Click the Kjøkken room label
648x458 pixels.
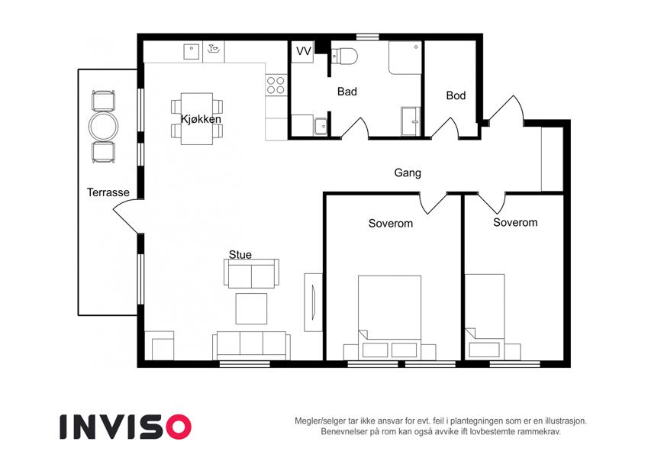(201, 119)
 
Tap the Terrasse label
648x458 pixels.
(108, 192)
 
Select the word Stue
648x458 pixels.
(240, 255)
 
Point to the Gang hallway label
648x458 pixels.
(408, 173)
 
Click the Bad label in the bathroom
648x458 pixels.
(347, 92)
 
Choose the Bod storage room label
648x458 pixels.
(456, 95)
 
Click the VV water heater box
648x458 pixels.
(303, 52)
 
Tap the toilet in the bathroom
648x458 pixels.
(344, 56)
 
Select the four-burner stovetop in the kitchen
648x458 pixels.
(276, 85)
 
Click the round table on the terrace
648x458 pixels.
(103, 126)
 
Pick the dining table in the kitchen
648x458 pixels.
(197, 118)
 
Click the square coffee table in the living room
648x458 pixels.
(251, 309)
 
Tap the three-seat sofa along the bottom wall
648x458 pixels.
(251, 345)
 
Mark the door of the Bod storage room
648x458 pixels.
(446, 127)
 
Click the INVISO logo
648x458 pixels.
(125, 427)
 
